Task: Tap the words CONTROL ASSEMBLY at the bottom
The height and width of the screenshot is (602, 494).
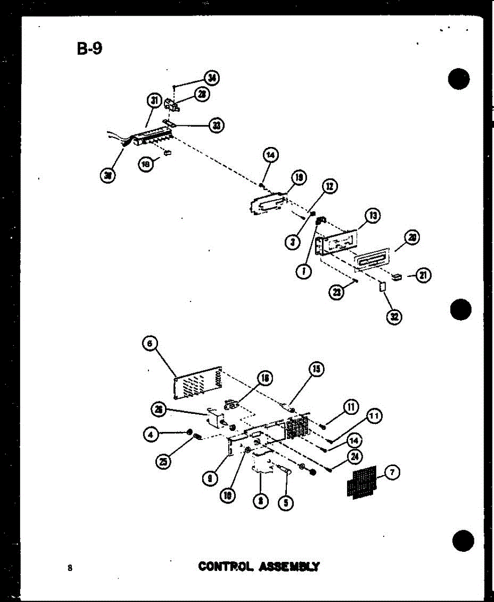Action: click(259, 566)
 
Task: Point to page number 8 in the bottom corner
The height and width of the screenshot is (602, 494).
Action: click(70, 568)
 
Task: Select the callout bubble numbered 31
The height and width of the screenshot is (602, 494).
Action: click(154, 101)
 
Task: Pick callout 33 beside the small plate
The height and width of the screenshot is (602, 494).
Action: click(216, 125)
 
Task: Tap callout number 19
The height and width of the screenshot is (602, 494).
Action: click(299, 178)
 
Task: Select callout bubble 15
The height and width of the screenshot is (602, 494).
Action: click(316, 370)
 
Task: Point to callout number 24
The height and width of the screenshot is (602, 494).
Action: click(356, 457)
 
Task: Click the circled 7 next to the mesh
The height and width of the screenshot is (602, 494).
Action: click(393, 473)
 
